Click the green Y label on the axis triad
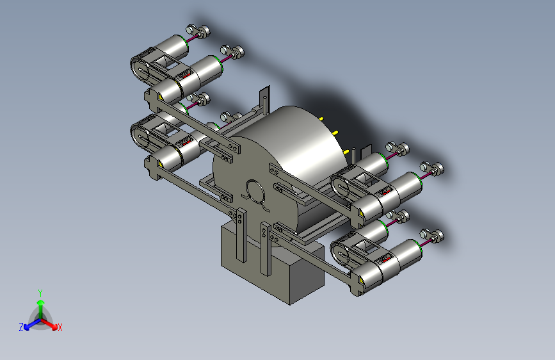coord(40,293)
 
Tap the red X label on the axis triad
coord(60,327)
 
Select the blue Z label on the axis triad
coord(21,327)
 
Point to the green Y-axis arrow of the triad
coord(41,309)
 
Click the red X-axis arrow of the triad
coord(49,324)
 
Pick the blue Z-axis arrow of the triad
coord(33,324)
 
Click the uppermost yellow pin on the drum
coord(321,119)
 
